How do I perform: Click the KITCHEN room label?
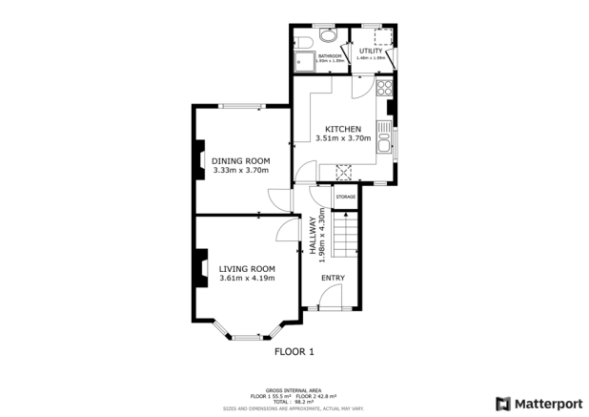pyautogui.click(x=342, y=129)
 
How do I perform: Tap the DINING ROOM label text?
pyautogui.click(x=240, y=160)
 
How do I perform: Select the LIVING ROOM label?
pyautogui.click(x=247, y=268)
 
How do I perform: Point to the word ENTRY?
pyautogui.click(x=332, y=278)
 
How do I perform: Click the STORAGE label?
pyautogui.click(x=344, y=197)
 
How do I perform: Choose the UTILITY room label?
pyautogui.click(x=371, y=51)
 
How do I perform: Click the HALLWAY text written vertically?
pyautogui.click(x=312, y=240)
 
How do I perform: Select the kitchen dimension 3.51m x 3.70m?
pyautogui.click(x=342, y=139)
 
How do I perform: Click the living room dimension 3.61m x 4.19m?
pyautogui.click(x=247, y=279)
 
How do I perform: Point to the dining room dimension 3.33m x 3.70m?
pyautogui.click(x=240, y=171)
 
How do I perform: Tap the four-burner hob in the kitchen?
pyautogui.click(x=384, y=90)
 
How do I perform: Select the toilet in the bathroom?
pyautogui.click(x=327, y=35)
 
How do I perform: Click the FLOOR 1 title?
pyautogui.click(x=294, y=352)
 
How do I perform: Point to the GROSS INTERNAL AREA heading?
pyautogui.click(x=294, y=389)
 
